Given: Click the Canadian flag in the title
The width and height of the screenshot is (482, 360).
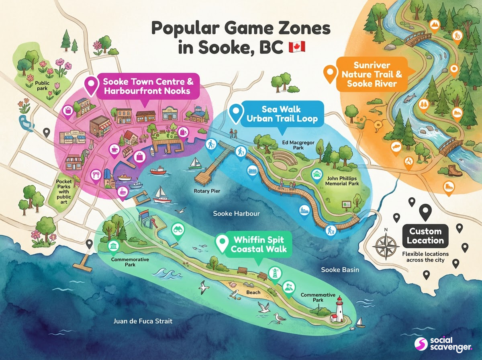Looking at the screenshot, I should [297, 47].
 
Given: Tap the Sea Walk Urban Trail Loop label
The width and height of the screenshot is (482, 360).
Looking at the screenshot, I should [279, 114].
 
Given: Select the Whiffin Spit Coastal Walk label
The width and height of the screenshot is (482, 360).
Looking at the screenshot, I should [258, 244].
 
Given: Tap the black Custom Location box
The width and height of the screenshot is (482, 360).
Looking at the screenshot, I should [425, 236].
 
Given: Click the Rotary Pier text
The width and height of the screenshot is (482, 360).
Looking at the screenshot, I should [207, 191].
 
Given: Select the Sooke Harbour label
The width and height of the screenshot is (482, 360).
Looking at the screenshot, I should [236, 213].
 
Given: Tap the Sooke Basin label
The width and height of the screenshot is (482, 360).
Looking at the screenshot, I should [340, 270].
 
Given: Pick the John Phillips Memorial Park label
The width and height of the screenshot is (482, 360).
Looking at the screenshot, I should [341, 180].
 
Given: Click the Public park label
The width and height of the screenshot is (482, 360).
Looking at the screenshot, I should [42, 86].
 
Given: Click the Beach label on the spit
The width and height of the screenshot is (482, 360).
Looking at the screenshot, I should [253, 292].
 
